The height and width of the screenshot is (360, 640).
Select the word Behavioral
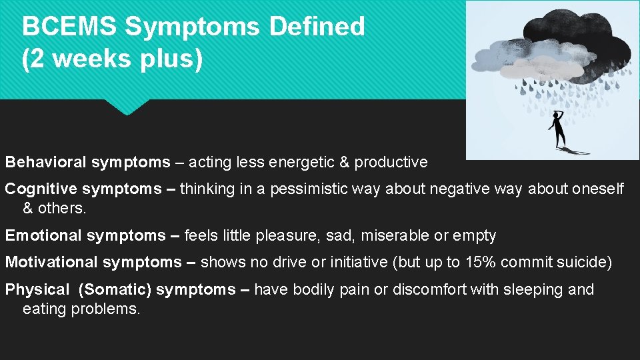46,162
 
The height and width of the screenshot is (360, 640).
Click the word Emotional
44,235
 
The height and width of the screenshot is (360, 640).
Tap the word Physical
37,289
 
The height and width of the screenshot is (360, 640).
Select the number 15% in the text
480,262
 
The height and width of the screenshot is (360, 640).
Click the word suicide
581,262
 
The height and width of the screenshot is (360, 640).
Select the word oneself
597,189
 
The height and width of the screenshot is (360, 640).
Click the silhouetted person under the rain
559,129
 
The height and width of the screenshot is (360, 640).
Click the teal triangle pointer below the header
127,107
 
